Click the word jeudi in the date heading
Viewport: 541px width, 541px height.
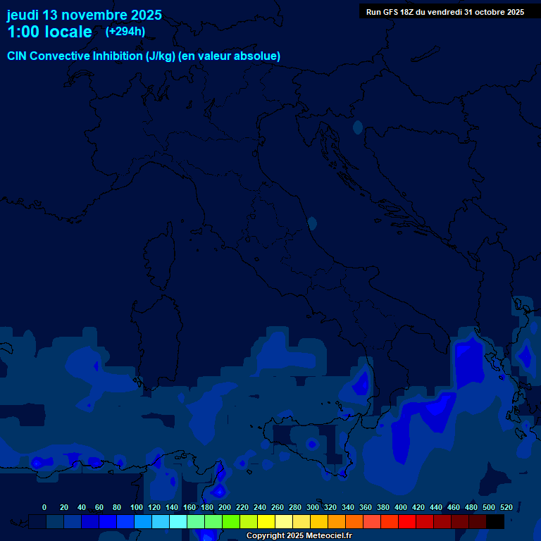(23, 15)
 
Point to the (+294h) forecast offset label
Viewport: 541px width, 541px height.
(125, 32)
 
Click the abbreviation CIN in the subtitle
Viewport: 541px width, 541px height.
(18, 56)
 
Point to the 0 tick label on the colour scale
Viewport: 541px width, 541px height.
(44, 507)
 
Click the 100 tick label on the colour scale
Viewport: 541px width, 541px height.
(137, 507)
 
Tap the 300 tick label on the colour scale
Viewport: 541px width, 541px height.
(313, 507)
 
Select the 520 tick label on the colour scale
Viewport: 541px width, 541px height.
(506, 507)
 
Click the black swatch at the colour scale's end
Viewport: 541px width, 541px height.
(495, 521)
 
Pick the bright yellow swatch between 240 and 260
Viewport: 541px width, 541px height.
(266, 521)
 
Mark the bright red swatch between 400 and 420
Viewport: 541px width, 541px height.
(407, 521)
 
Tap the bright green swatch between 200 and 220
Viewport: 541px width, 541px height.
(231, 521)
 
